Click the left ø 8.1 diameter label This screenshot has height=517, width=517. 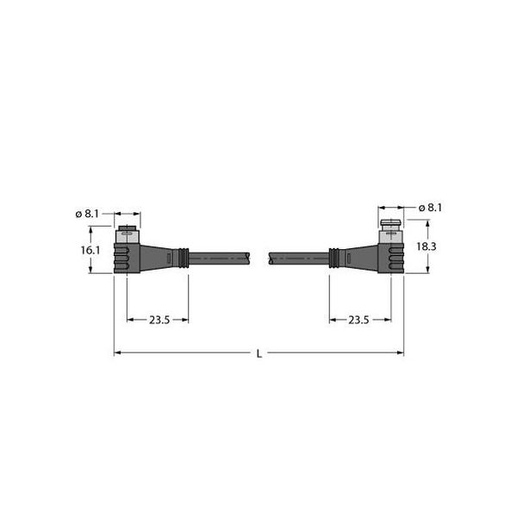click(x=87, y=214)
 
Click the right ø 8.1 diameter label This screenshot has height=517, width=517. click(x=430, y=208)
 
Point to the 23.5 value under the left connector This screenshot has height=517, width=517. click(x=159, y=320)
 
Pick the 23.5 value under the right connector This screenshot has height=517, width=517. click(x=358, y=320)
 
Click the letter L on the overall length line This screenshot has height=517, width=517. click(x=258, y=353)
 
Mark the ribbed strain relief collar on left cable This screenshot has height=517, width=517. click(x=182, y=257)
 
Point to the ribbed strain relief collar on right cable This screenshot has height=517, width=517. click(x=334, y=257)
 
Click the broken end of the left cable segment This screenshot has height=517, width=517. click(x=248, y=257)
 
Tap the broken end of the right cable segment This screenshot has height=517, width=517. click(x=271, y=257)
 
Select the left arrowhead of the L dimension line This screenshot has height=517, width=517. click(x=118, y=352)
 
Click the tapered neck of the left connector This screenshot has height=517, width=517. click(x=158, y=257)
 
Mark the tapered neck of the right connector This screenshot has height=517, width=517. click(x=360, y=257)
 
